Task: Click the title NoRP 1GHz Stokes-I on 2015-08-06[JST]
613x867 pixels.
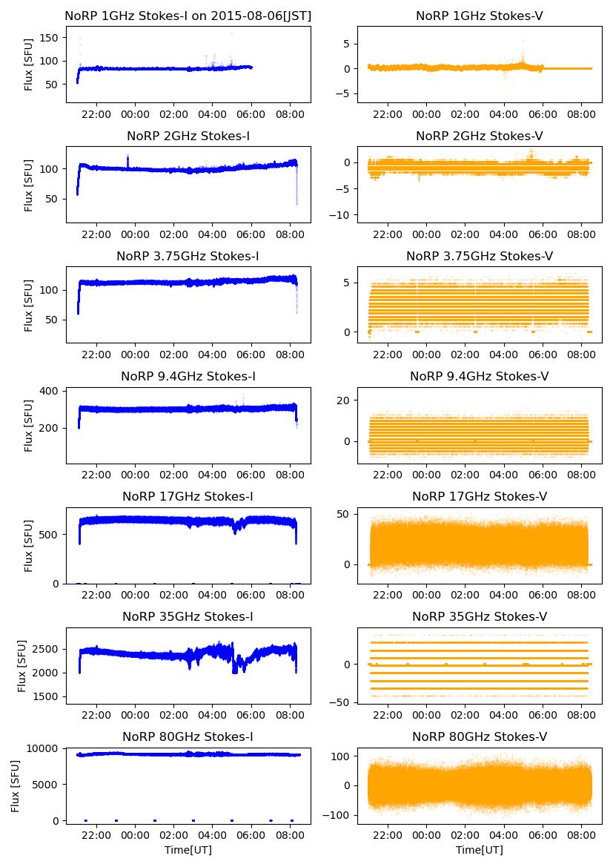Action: pyautogui.click(x=188, y=16)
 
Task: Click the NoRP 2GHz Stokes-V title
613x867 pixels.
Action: pyautogui.click(x=479, y=136)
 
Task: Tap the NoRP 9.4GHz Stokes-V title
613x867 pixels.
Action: pyautogui.click(x=479, y=377)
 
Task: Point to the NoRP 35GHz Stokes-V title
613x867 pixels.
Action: pyautogui.click(x=479, y=617)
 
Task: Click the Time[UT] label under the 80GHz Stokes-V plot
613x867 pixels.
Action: pyautogui.click(x=479, y=850)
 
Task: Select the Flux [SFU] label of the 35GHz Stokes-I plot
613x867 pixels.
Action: pyautogui.click(x=21, y=665)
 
